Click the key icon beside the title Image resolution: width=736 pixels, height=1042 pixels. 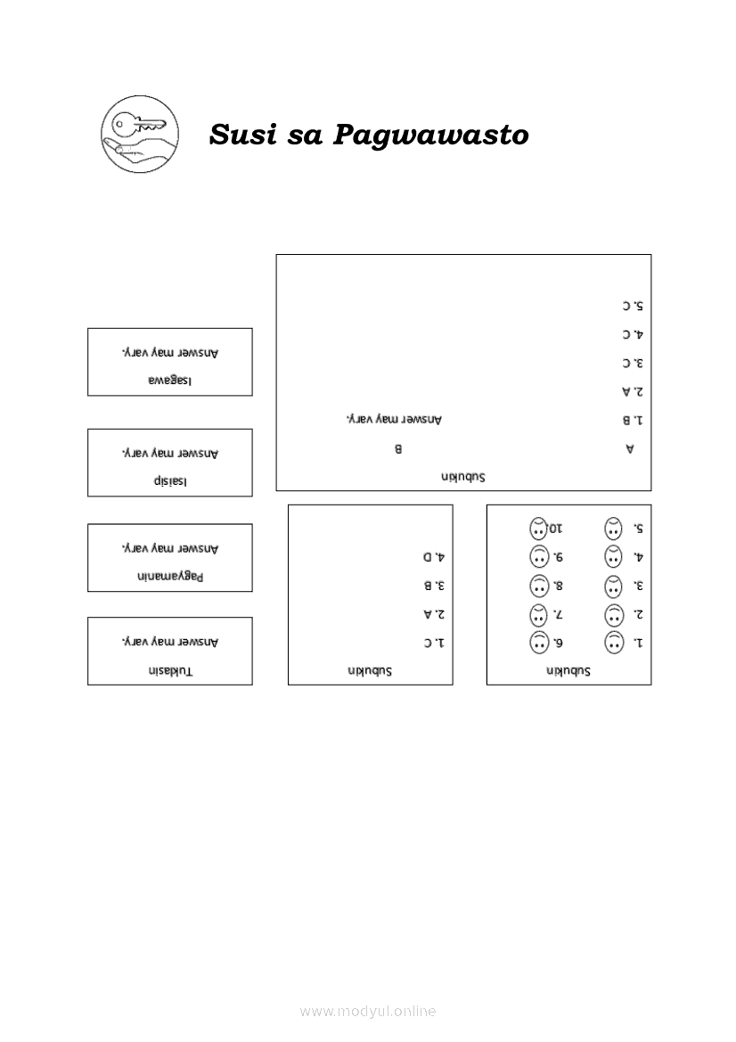tap(140, 135)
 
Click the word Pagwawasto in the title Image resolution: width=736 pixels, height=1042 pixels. tap(430, 135)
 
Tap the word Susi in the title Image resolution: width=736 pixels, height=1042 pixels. tap(242, 134)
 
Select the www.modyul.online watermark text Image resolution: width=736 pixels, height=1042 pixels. tap(368, 1011)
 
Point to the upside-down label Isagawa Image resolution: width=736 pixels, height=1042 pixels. tap(170, 382)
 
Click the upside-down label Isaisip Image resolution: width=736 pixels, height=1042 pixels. tap(170, 481)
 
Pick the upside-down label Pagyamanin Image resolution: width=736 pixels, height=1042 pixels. tap(170, 576)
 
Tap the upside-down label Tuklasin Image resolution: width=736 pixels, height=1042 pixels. tap(170, 670)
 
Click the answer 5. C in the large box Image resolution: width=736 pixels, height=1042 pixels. tap(633, 307)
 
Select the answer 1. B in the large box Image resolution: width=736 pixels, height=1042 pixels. tap(633, 420)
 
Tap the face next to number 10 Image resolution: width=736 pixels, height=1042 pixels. tap(539, 529)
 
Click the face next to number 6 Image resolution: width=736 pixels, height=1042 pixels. tap(539, 643)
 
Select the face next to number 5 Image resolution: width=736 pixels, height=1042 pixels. tap(614, 529)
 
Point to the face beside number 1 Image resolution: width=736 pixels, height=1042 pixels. tap(614, 643)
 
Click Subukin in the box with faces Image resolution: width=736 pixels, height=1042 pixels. tap(568, 671)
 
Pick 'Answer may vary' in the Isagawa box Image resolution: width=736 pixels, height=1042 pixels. tap(170, 353)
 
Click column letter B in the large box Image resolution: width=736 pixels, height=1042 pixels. tap(398, 448)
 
